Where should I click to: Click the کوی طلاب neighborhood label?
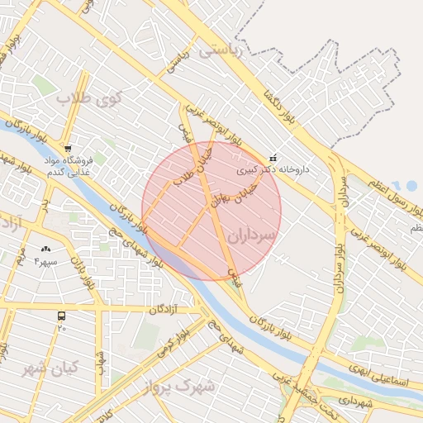click(89, 98)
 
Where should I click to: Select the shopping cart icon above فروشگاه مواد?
click(68, 137)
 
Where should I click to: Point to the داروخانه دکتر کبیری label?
click(273, 169)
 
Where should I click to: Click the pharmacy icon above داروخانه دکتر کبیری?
click(273, 158)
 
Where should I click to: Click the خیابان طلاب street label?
click(192, 164)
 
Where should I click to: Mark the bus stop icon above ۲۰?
click(61, 316)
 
